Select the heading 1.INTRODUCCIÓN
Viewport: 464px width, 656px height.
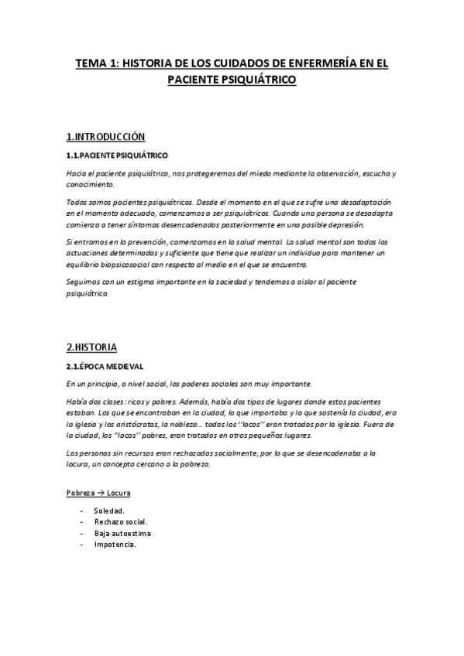(x=106, y=137)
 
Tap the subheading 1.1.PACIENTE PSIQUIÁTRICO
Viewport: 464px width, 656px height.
(x=117, y=155)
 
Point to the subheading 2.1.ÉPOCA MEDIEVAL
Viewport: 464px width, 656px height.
(x=105, y=365)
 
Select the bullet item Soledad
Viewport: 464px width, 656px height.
(x=109, y=511)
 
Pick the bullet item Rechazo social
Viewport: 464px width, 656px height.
(x=121, y=522)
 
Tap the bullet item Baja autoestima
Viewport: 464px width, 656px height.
(x=122, y=533)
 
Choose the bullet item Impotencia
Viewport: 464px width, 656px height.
(x=115, y=545)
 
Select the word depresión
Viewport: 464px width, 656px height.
(x=342, y=224)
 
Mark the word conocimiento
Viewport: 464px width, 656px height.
(x=90, y=185)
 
